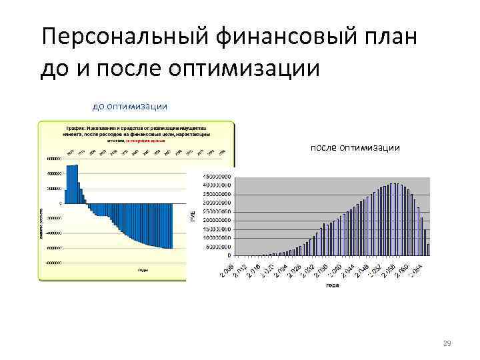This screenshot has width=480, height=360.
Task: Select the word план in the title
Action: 394,37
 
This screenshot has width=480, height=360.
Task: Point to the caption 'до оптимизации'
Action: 129,106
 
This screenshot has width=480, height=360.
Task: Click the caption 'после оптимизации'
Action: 355,147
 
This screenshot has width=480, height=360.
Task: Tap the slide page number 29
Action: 447,343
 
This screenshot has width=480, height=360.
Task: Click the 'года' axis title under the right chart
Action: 332,286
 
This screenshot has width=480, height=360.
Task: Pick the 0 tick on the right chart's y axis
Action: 230,255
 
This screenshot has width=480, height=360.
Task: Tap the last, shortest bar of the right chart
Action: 428,249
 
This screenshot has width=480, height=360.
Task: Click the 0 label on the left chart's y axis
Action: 61,203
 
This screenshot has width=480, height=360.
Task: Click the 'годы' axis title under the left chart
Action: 143,270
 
